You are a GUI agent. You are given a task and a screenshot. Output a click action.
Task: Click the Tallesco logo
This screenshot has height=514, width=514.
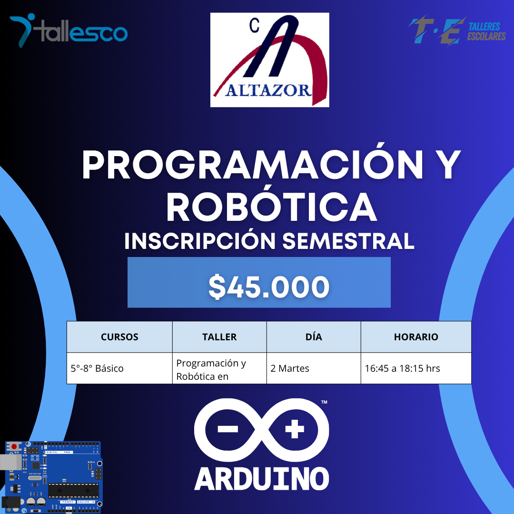click(69, 31)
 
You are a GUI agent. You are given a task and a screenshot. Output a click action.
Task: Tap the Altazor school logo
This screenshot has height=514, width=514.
click(269, 60)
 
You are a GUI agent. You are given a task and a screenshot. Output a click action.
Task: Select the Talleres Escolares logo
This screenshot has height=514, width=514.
click(456, 32)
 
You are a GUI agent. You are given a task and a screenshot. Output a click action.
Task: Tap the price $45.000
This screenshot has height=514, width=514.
click(269, 287)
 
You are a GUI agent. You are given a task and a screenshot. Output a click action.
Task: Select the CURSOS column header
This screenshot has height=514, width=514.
click(119, 337)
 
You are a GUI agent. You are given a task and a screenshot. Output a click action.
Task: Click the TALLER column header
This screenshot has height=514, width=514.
click(219, 337)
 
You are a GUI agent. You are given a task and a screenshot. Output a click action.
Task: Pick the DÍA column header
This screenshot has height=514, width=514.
click(314, 337)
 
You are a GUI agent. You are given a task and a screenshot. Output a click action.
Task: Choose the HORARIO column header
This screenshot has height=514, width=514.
click(416, 337)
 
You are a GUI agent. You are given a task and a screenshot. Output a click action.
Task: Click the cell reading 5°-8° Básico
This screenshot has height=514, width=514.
click(97, 368)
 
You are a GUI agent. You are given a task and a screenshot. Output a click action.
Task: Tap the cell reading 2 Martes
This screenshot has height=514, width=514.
click(290, 368)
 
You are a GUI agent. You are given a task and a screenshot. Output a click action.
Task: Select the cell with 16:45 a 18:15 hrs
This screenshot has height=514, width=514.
click(402, 368)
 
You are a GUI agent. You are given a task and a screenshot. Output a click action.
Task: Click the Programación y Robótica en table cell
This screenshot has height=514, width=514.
click(211, 369)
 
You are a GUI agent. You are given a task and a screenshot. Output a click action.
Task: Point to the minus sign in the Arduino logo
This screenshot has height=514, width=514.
click(227, 429)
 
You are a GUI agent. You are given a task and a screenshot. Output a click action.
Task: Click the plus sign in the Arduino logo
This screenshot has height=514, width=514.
click(294, 430)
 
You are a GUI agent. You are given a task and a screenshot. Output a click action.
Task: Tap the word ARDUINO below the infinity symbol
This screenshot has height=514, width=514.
click(262, 478)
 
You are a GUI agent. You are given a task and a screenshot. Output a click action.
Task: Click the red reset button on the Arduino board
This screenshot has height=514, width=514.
click(14, 447)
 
